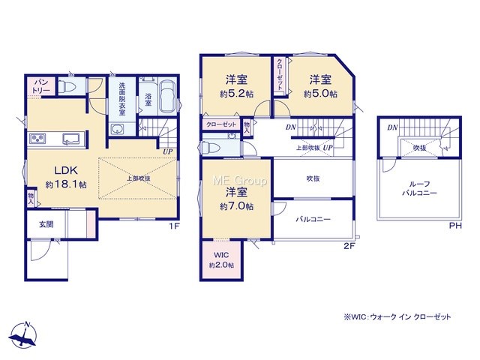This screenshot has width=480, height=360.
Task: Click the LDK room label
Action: point(66,170)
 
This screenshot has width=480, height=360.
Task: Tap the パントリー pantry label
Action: point(41,86)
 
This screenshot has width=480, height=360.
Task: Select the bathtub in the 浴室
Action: point(167,97)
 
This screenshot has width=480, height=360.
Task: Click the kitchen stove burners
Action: point(37,139)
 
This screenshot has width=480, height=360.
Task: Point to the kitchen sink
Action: point(71,139)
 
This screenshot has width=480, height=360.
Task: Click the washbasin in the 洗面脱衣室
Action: point(118,129)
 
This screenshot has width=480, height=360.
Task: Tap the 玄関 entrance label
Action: point(46,224)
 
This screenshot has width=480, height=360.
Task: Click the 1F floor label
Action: point(174,226)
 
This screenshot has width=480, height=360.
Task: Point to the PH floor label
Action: point(455,226)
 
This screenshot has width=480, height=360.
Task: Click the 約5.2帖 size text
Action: point(236,94)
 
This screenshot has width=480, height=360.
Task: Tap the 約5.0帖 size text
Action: point(320,94)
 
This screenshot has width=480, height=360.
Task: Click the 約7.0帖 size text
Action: point(236,207)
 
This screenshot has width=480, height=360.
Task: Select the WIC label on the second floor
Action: point(221,255)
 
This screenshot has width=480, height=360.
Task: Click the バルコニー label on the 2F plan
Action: point(313,219)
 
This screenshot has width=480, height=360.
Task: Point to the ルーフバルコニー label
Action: point(419,188)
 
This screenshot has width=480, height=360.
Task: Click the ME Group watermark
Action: point(240,181)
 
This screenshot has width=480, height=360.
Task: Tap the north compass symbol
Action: point(23,334)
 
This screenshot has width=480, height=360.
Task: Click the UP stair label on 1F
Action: point(168,151)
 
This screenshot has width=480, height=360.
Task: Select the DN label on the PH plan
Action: point(392,127)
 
